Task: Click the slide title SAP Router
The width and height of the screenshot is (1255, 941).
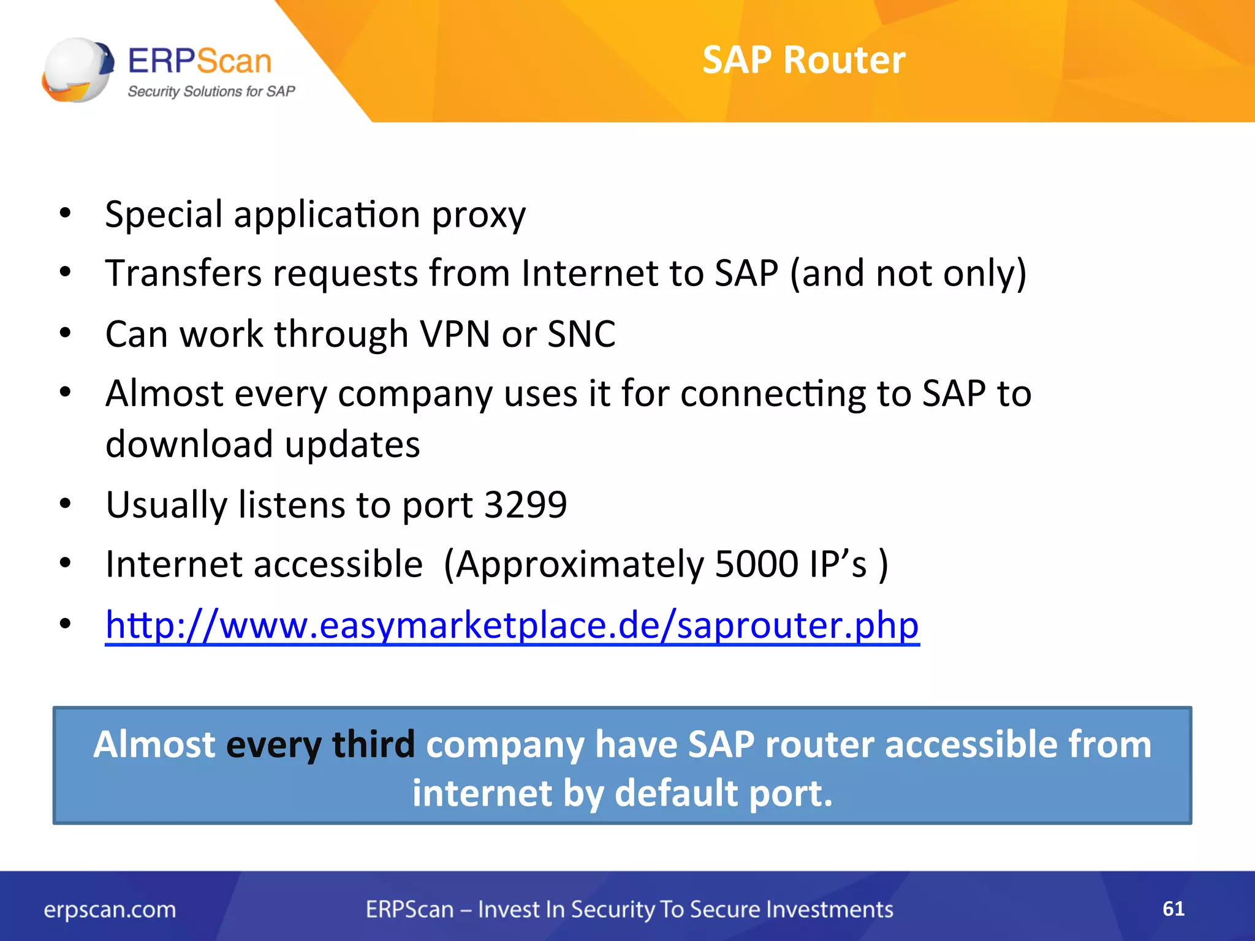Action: [803, 60]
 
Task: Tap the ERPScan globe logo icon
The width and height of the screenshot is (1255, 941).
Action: [78, 70]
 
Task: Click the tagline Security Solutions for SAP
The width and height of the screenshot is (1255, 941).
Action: [211, 92]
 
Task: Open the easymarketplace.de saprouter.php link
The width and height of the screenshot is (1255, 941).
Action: [512, 625]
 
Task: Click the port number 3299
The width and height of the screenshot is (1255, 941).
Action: [526, 505]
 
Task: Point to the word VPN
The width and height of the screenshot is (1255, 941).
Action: [455, 334]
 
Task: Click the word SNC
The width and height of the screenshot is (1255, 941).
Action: [581, 334]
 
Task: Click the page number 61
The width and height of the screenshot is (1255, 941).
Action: [1173, 909]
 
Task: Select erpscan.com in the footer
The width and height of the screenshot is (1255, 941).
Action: [110, 910]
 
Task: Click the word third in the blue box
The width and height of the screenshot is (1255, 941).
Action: [373, 744]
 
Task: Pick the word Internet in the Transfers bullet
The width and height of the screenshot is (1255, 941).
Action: [590, 273]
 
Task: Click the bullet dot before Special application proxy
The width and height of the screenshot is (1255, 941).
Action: [66, 214]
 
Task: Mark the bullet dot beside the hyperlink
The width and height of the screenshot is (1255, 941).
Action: [66, 624]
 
